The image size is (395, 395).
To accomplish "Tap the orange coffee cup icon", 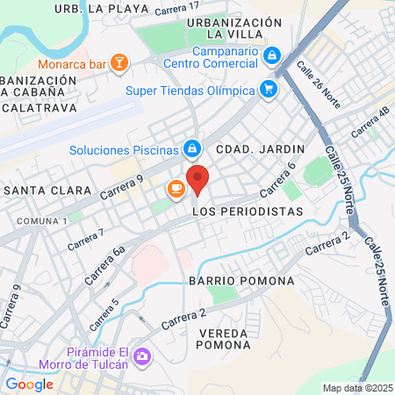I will point(175,188).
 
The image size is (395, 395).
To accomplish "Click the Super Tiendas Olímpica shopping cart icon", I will point(269,90).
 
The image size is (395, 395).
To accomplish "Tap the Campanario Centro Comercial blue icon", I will point(273,55).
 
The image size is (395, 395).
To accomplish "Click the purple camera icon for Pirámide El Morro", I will point(142,356).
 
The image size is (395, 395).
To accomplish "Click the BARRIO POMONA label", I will point(233,280).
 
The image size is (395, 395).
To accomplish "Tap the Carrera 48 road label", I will point(370,123).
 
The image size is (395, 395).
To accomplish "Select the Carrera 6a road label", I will point(107,264).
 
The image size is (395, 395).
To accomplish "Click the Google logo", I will point(29,384).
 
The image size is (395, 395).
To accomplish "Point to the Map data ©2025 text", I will point(356,387).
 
